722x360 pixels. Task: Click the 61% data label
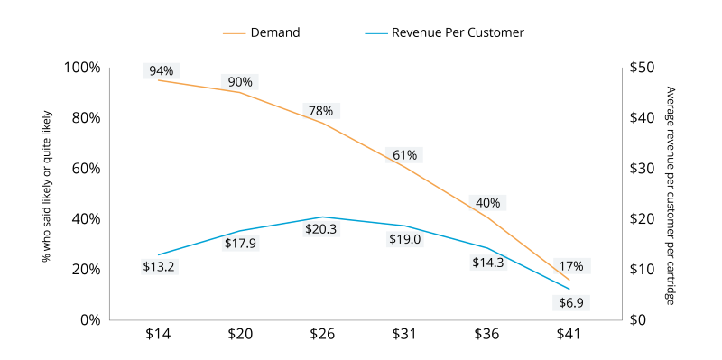click(x=404, y=155)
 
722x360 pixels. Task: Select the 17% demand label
click(x=570, y=266)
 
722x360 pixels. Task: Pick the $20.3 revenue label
click(x=321, y=229)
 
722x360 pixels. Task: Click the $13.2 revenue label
click(x=159, y=266)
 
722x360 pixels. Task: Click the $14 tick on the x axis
click(x=158, y=334)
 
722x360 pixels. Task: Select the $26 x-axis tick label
click(x=322, y=334)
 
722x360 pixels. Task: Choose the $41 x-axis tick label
click(x=569, y=334)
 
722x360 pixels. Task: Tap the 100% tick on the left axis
click(x=82, y=68)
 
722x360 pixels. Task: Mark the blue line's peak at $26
click(x=322, y=217)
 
